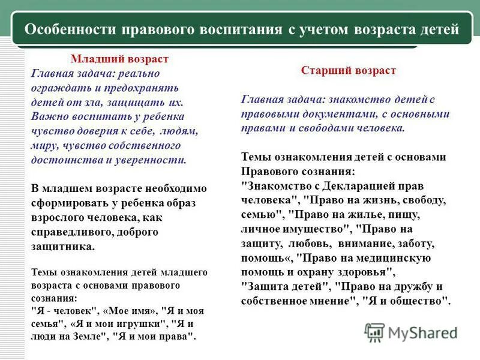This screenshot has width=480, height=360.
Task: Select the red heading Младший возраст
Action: click(120, 59)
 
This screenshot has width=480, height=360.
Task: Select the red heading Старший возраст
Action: click(349, 71)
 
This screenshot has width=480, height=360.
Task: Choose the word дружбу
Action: click(417, 286)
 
